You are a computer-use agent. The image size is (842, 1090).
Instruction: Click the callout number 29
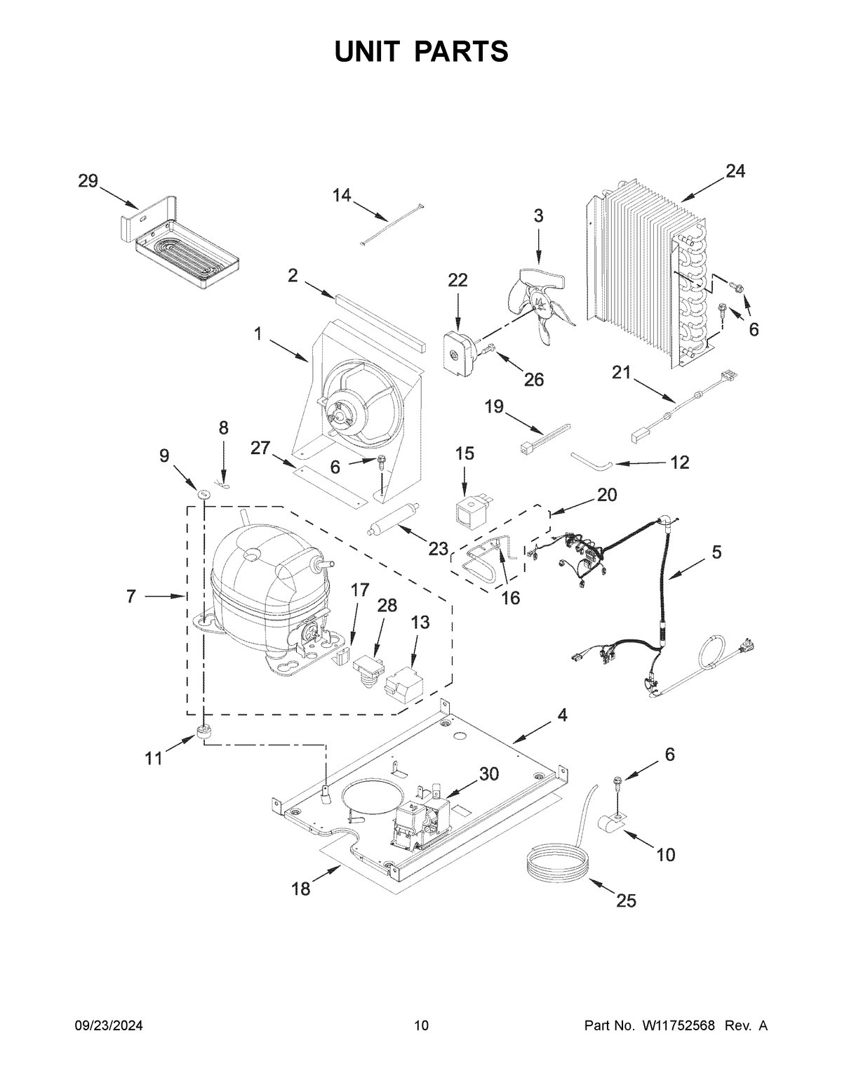(88, 181)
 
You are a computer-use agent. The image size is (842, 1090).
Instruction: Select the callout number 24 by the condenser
(735, 171)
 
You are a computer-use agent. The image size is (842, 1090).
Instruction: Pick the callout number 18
(300, 889)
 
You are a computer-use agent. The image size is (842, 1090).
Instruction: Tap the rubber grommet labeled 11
(204, 731)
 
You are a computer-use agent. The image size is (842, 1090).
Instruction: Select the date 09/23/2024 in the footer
(109, 1025)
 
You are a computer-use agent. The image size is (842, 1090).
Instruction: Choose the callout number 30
(488, 774)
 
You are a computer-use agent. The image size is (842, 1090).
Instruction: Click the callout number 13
(420, 623)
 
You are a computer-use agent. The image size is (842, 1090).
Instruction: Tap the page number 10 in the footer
(421, 1025)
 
